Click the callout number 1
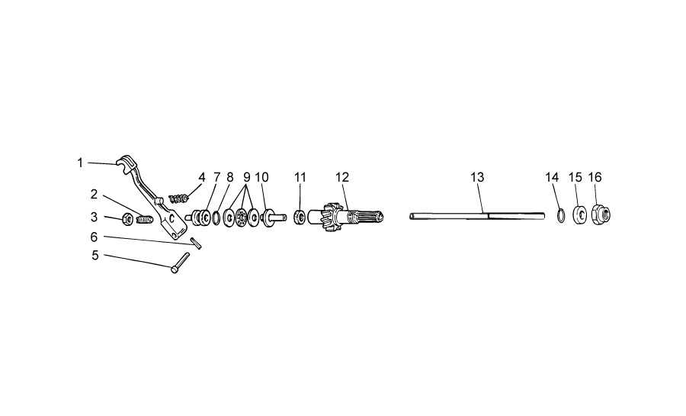(80, 163)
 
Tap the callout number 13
(477, 177)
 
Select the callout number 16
(595, 177)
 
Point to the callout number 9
(247, 177)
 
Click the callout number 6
(94, 237)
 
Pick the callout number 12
(342, 177)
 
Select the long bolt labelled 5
(180, 263)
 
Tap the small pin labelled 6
(196, 243)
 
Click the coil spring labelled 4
(178, 198)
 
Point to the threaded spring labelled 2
(144, 218)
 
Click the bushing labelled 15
(580, 215)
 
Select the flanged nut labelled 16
(601, 214)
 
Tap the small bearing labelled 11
(300, 216)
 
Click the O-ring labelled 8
(216, 218)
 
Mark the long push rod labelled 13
(477, 216)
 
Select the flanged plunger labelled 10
(272, 217)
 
